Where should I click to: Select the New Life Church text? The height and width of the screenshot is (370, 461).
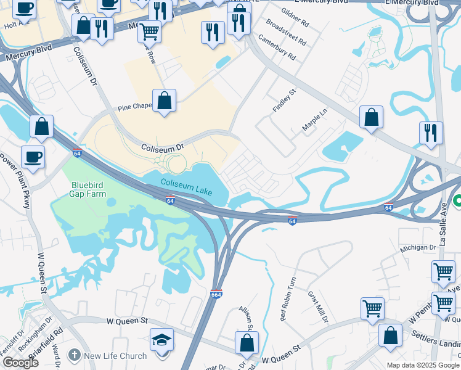click(x=115, y=356)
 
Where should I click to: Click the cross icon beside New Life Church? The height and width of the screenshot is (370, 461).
click(x=74, y=355)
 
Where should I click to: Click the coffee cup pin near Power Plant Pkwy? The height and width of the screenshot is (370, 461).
click(x=33, y=157)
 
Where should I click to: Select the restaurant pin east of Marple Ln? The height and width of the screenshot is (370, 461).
click(x=431, y=134)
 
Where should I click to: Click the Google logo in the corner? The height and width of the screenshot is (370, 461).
click(x=20, y=363)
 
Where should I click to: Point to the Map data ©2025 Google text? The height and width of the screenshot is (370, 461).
click(x=422, y=365)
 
